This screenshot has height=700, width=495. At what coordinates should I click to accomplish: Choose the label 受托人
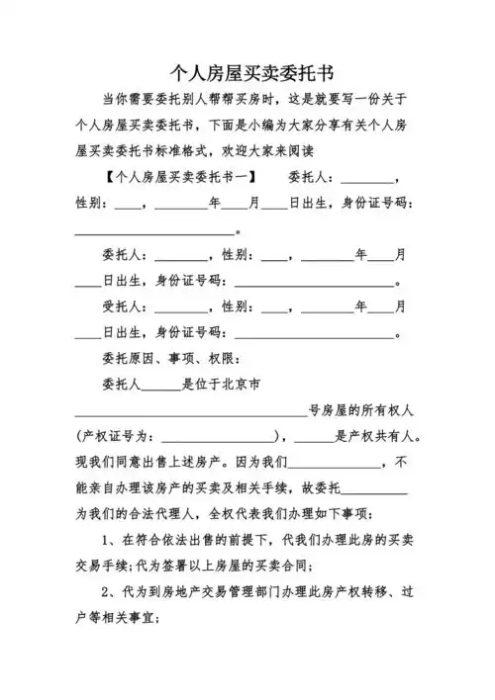122,306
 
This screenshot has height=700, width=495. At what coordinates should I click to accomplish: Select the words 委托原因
130,358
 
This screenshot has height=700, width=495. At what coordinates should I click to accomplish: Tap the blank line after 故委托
373,489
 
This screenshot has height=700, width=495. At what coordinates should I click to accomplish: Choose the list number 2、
111,590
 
